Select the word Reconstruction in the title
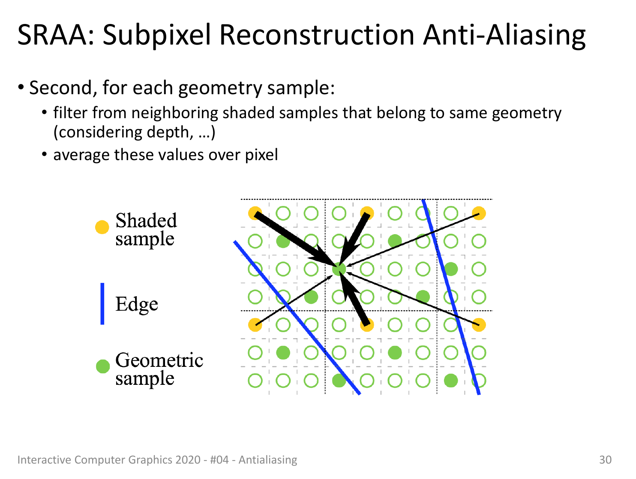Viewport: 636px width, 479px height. click(317, 35)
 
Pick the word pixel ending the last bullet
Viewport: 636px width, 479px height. click(261, 155)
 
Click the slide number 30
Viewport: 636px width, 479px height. click(605, 460)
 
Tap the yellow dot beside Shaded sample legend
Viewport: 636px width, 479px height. click(102, 227)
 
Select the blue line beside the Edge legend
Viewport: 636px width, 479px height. click(102, 303)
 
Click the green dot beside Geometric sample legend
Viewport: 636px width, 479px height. click(103, 366)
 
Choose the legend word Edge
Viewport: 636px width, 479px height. click(137, 305)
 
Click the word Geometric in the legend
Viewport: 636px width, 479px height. click(159, 360)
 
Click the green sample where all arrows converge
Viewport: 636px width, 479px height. click(339, 269)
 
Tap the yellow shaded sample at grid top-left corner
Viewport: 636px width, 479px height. click(255, 213)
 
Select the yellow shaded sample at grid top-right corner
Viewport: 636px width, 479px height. click(479, 213)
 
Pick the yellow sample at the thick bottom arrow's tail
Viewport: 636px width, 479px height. click(367, 325)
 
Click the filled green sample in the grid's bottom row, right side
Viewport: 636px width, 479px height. click(451, 381)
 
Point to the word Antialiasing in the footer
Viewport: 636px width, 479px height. click(268, 460)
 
